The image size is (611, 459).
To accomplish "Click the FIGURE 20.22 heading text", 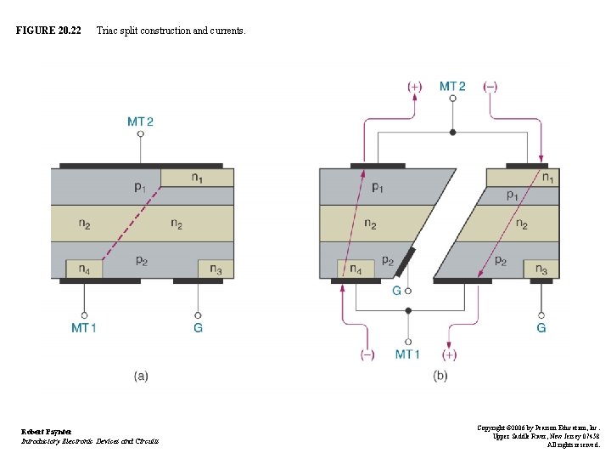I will click(x=48, y=31).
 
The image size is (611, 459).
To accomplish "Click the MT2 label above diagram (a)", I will click(x=141, y=122).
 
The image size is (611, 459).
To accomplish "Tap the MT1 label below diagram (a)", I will click(x=83, y=327).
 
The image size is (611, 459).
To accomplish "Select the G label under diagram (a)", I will click(x=198, y=327).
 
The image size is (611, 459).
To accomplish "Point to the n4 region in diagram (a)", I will click(x=84, y=269).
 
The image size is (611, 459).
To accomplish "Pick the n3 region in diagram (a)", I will click(x=216, y=269).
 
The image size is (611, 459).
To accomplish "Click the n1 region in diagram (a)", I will click(x=197, y=178).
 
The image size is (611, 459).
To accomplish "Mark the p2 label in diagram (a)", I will click(x=141, y=260).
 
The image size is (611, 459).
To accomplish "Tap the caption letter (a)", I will click(x=141, y=376).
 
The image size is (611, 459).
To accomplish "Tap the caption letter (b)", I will click(x=440, y=376).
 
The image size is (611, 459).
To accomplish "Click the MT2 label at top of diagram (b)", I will click(x=452, y=86).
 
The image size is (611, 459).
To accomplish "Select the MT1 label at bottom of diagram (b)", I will click(x=407, y=354).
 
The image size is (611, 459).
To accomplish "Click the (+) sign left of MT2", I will click(x=414, y=86).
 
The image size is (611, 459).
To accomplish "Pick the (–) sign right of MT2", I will click(x=490, y=86).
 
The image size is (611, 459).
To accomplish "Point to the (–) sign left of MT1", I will click(x=367, y=354).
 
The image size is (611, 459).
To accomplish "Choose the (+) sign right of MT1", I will click(x=448, y=354).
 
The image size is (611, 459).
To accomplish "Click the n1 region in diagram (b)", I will click(x=549, y=178).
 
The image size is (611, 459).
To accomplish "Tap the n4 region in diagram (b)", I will click(x=356, y=269).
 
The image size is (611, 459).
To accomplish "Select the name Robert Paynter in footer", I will click(x=47, y=432).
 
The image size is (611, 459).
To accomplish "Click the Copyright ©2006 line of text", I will click(x=538, y=428).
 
